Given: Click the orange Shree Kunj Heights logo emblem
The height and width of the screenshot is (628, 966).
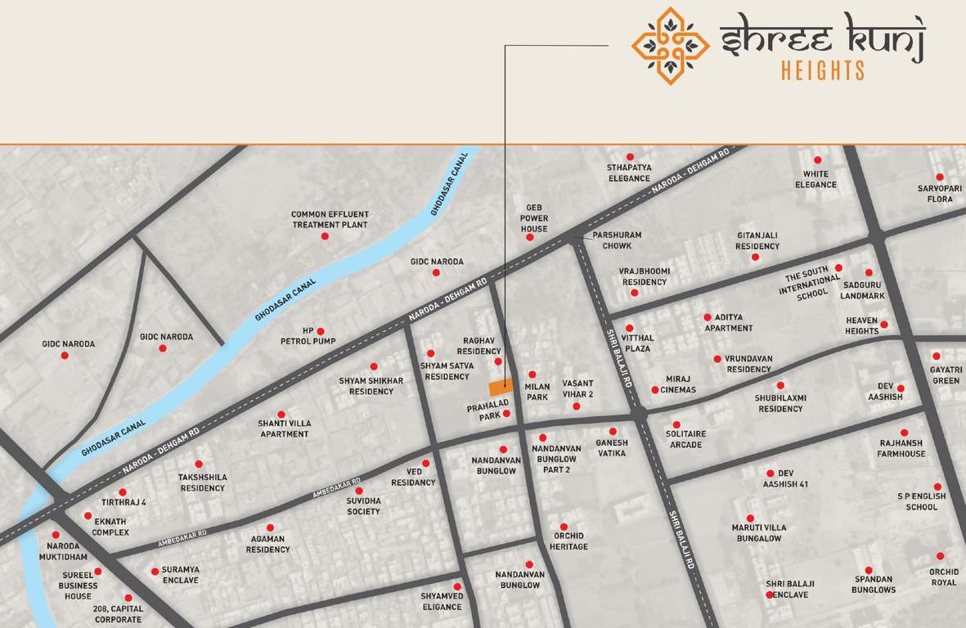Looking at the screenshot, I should [x=670, y=46].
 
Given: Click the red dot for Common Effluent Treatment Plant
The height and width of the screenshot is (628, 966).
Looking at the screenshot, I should [x=325, y=236].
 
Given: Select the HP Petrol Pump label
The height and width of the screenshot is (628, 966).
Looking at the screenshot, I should [x=308, y=336].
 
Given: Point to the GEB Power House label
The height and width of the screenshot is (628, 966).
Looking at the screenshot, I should [x=534, y=218].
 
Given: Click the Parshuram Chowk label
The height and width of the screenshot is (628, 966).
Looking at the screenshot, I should [x=617, y=240].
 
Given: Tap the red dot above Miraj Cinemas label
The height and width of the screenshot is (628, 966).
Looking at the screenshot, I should [x=654, y=390].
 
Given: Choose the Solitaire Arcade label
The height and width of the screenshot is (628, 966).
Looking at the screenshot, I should [x=685, y=439].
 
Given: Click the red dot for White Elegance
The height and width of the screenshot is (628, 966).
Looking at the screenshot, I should [x=817, y=160].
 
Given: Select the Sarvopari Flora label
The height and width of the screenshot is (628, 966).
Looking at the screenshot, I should [x=939, y=194].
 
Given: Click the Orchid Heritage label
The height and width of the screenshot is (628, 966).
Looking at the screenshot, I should [x=568, y=541].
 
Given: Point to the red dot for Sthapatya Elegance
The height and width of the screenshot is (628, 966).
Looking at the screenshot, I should [x=630, y=157].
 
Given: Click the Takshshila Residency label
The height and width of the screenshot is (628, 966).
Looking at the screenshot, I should [x=203, y=482].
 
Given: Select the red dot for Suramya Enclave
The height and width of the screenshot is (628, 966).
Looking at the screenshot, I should [x=155, y=572].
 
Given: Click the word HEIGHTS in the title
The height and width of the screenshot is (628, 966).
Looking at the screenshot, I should [x=822, y=71].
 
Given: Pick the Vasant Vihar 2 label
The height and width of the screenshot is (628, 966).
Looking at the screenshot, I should [x=577, y=388].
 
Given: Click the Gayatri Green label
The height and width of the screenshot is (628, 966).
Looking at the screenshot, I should [x=946, y=375].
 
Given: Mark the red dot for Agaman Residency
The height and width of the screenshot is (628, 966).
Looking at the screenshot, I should [x=270, y=528].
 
